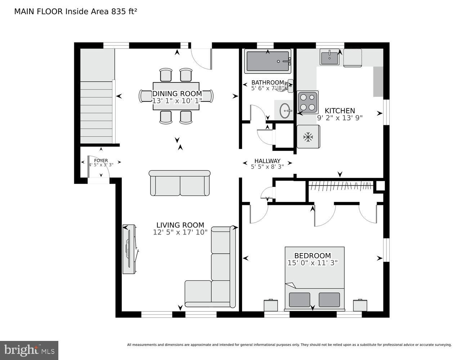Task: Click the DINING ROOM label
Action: pyautogui.click(x=176, y=94)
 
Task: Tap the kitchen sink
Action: pyautogui.click(x=329, y=57)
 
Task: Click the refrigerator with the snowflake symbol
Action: pyautogui.click(x=308, y=136)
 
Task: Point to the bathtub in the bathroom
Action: pyautogui.click(x=267, y=61)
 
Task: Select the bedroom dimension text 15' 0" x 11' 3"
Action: pyautogui.click(x=312, y=263)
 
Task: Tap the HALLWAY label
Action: pyautogui.click(x=267, y=161)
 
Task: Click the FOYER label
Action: pyautogui.click(x=101, y=161)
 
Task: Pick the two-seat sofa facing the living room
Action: pyautogui.click(x=179, y=183)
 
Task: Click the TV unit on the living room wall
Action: pyautogui.click(x=129, y=249)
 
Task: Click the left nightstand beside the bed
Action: pyautogui.click(x=271, y=305)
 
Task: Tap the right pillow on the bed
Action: pyautogui.click(x=329, y=300)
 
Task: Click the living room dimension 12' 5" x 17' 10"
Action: pyautogui.click(x=180, y=233)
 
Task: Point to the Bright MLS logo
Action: pyautogui.click(x=29, y=350)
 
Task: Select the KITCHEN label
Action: pyautogui.click(x=340, y=111)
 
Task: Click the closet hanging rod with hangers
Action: pyautogui.click(x=341, y=186)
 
